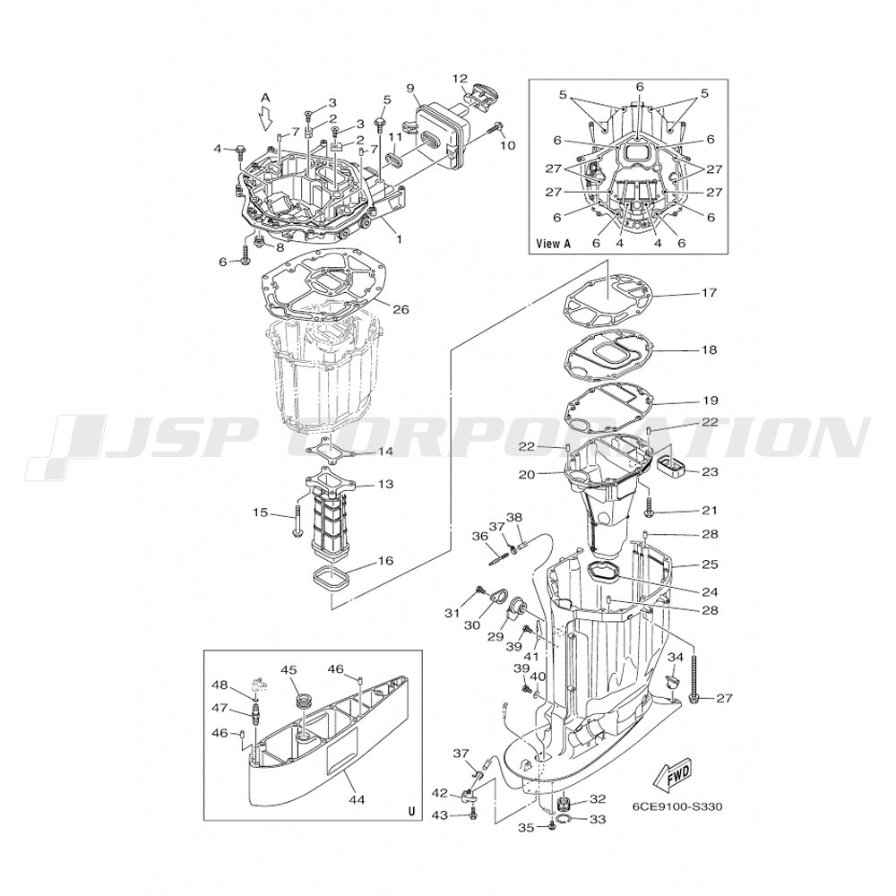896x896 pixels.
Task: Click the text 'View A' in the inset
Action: coord(554,243)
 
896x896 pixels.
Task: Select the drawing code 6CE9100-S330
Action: coord(677,807)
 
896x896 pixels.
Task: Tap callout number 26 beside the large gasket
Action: coord(401,309)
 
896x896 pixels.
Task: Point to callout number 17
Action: coord(709,293)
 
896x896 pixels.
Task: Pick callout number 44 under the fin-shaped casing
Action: coord(358,799)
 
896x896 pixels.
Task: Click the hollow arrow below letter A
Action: coord(264,119)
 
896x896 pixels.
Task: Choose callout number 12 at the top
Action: coord(460,78)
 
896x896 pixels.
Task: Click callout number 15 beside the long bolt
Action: coord(261,513)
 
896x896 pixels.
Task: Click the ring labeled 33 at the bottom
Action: coord(564,821)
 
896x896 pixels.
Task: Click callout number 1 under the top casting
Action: coord(399,239)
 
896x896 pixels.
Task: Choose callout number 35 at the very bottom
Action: coord(526,827)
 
